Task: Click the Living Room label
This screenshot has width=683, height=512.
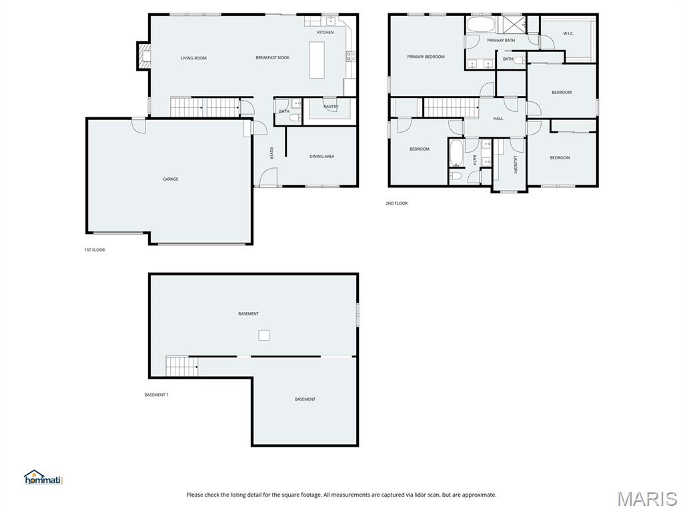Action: pos(193,58)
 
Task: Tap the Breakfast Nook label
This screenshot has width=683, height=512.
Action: pos(272,57)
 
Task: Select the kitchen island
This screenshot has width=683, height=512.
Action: pos(317,59)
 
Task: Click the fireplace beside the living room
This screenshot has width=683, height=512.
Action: pos(143,56)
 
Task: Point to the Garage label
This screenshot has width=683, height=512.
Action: pos(170,179)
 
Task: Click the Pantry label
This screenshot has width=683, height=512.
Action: pos(331,107)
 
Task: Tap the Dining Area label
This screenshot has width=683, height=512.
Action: pos(322,156)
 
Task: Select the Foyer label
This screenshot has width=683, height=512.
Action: pos(271,153)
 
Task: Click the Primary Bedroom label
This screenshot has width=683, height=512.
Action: pos(426,57)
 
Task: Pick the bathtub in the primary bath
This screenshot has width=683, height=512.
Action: pos(480,25)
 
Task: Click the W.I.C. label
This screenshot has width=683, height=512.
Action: pos(568,33)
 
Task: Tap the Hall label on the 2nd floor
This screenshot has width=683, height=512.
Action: pos(498,119)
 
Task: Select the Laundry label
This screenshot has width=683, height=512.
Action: pos(515,165)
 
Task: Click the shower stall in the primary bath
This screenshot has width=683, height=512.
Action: pos(513,25)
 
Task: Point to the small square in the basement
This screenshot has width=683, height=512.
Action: pos(263,335)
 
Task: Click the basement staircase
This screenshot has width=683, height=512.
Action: pos(181,366)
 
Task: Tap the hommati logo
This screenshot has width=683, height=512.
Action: pos(43,477)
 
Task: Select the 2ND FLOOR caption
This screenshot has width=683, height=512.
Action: pos(396,203)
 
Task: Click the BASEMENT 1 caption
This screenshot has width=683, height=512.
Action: pos(156,395)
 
